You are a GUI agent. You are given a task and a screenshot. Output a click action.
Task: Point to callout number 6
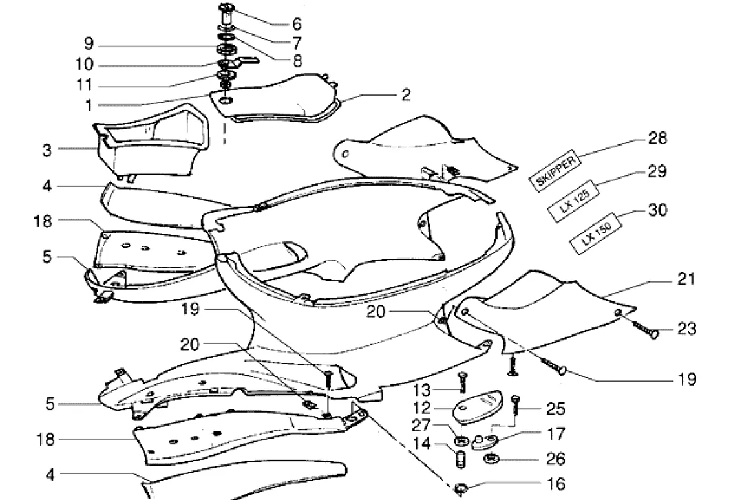pyautogui.click(x=297, y=25)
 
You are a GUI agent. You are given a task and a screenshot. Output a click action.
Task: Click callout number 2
pyautogui.click(x=405, y=95)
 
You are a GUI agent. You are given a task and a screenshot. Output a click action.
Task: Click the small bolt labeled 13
pyautogui.click(x=463, y=383)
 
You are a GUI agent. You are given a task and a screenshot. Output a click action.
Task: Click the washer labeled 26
pyautogui.click(x=493, y=460)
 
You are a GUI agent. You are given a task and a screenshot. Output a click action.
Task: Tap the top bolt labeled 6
pyautogui.click(x=228, y=14)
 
